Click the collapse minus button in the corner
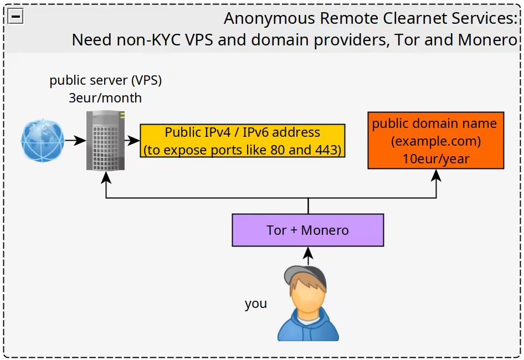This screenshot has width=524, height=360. point(16,17)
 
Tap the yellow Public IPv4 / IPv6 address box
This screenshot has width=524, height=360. point(242,141)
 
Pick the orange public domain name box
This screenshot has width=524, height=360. point(435,141)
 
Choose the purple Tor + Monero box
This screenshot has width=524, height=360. point(307,230)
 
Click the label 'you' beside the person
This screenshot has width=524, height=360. point(256,304)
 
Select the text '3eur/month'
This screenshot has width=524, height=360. point(105,98)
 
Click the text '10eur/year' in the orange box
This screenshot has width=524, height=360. point(436,159)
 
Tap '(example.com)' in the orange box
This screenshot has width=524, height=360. point(436,141)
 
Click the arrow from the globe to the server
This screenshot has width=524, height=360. point(72,141)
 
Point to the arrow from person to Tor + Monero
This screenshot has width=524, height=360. point(308,255)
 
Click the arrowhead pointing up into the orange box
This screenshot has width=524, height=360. point(436,174)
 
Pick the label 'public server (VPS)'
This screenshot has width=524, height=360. point(105,80)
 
